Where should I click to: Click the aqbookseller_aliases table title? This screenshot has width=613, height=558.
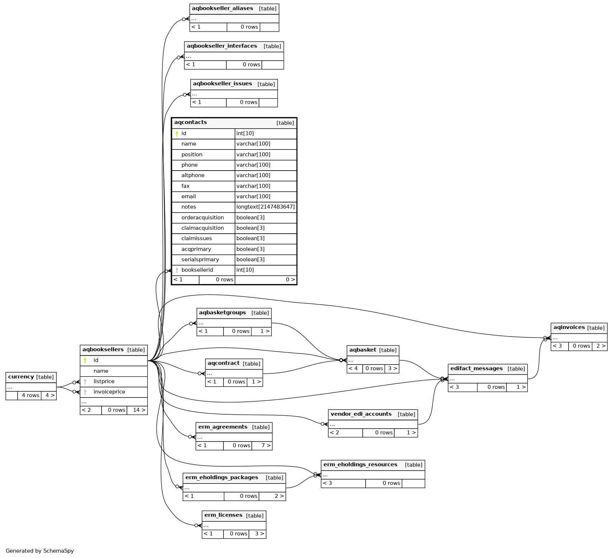pyautogui.click(x=222, y=9)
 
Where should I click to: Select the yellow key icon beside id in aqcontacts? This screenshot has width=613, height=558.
pyautogui.click(x=177, y=134)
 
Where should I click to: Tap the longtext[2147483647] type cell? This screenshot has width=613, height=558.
pyautogui.click(x=265, y=207)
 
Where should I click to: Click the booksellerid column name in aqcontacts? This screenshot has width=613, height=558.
pyautogui.click(x=197, y=270)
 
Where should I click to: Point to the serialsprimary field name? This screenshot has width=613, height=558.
pyautogui.click(x=200, y=259)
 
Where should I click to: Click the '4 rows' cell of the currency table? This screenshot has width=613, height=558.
pyautogui.click(x=30, y=395)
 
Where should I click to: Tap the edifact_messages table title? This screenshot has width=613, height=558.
pyautogui.click(x=476, y=368)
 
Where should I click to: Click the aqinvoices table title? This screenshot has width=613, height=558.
pyautogui.click(x=569, y=327)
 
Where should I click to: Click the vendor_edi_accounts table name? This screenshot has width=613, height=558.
pyautogui.click(x=361, y=414)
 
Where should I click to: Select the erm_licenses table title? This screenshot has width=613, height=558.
pyautogui.click(x=223, y=515)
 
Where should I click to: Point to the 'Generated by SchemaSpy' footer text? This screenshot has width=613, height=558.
pyautogui.click(x=39, y=551)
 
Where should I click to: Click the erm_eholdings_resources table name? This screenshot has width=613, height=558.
pyautogui.click(x=360, y=464)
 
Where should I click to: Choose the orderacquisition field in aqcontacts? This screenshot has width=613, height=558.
pyautogui.click(x=202, y=218)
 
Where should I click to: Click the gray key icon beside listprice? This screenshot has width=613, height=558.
pyautogui.click(x=85, y=382)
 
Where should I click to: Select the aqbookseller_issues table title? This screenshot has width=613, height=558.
pyautogui.click(x=222, y=84)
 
